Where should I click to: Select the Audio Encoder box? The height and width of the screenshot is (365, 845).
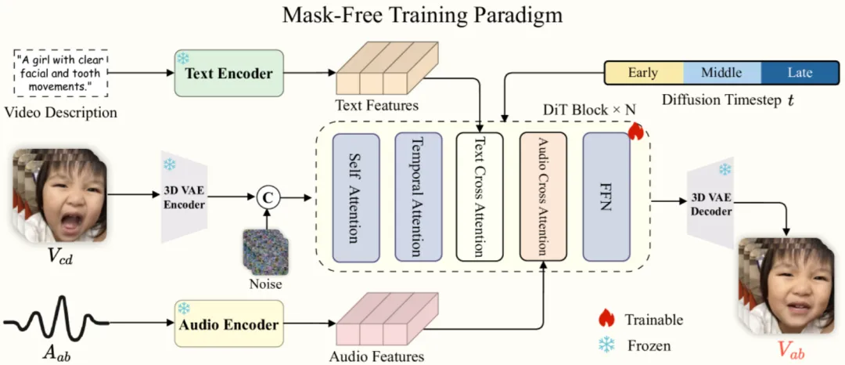click(228, 324)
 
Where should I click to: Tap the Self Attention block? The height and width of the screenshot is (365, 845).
click(356, 197)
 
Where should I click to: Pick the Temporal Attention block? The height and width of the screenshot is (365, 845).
click(418, 197)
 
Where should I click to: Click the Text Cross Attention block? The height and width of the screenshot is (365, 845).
click(480, 197)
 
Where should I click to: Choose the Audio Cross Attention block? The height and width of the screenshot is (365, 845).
click(542, 197)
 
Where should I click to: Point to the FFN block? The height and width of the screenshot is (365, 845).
click(605, 197)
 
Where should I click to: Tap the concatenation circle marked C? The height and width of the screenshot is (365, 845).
click(267, 198)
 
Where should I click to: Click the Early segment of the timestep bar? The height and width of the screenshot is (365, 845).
click(644, 73)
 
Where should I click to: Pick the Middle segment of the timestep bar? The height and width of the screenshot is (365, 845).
click(721, 73)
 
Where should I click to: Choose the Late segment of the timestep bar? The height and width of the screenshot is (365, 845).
click(800, 73)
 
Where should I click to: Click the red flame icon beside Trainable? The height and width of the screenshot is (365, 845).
click(606, 319)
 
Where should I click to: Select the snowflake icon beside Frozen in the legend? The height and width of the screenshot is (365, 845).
click(606, 345)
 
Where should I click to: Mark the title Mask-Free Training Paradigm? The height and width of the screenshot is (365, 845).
click(422, 15)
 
